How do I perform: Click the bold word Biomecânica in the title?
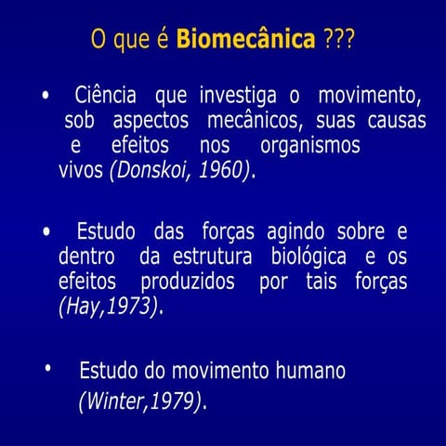click(245, 41)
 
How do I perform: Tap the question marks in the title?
click(339, 41)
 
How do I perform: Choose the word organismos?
click(309, 146)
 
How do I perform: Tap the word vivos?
click(81, 171)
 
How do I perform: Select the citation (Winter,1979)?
click(139, 400)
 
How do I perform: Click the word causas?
click(397, 121)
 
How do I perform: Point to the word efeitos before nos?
click(140, 146)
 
